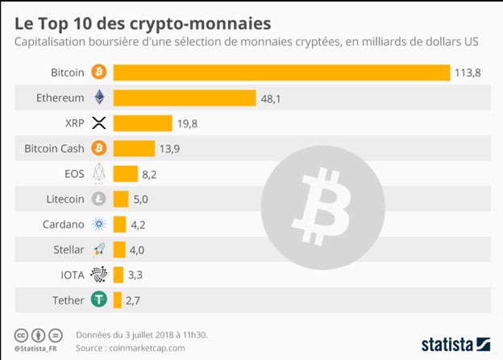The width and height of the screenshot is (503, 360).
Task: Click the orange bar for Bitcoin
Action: tap(281, 72)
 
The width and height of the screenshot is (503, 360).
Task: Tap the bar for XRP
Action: tap(142, 122)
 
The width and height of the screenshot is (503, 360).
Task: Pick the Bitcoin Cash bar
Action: tap(133, 148)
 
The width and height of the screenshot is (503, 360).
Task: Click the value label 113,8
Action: tap(468, 72)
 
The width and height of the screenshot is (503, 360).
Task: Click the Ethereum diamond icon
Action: tap(100, 97)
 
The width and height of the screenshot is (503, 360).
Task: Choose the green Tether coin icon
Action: tap(100, 300)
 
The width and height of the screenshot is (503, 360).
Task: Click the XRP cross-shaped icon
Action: tap(100, 122)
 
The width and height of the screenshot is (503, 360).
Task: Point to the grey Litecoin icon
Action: tap(100, 199)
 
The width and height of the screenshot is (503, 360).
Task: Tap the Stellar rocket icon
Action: tap(100, 250)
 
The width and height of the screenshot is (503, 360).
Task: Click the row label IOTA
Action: tap(72, 275)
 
